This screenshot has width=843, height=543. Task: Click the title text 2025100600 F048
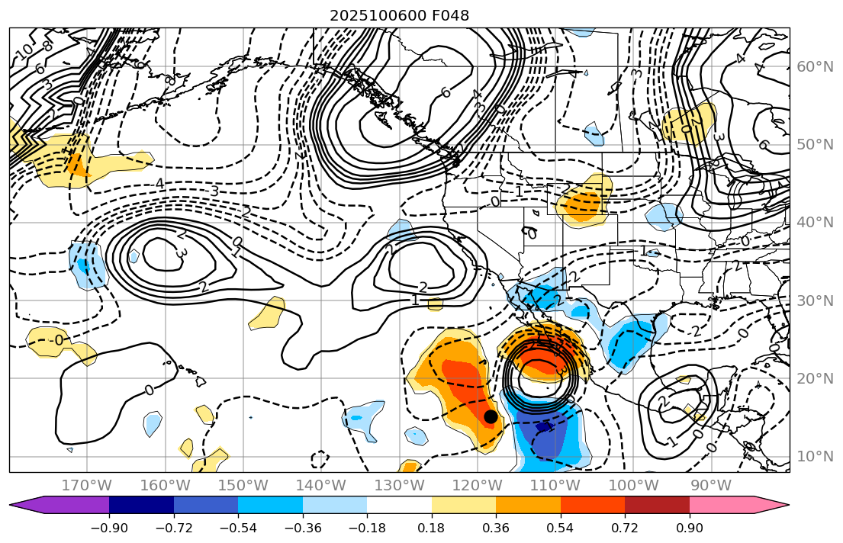pyautogui.click(x=399, y=15)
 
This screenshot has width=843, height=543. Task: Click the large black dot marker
pyautogui.click(x=491, y=416)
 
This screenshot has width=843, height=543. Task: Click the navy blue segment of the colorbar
pyautogui.click(x=141, y=504)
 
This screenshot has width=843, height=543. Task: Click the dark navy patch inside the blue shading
pyautogui.click(x=543, y=428)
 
